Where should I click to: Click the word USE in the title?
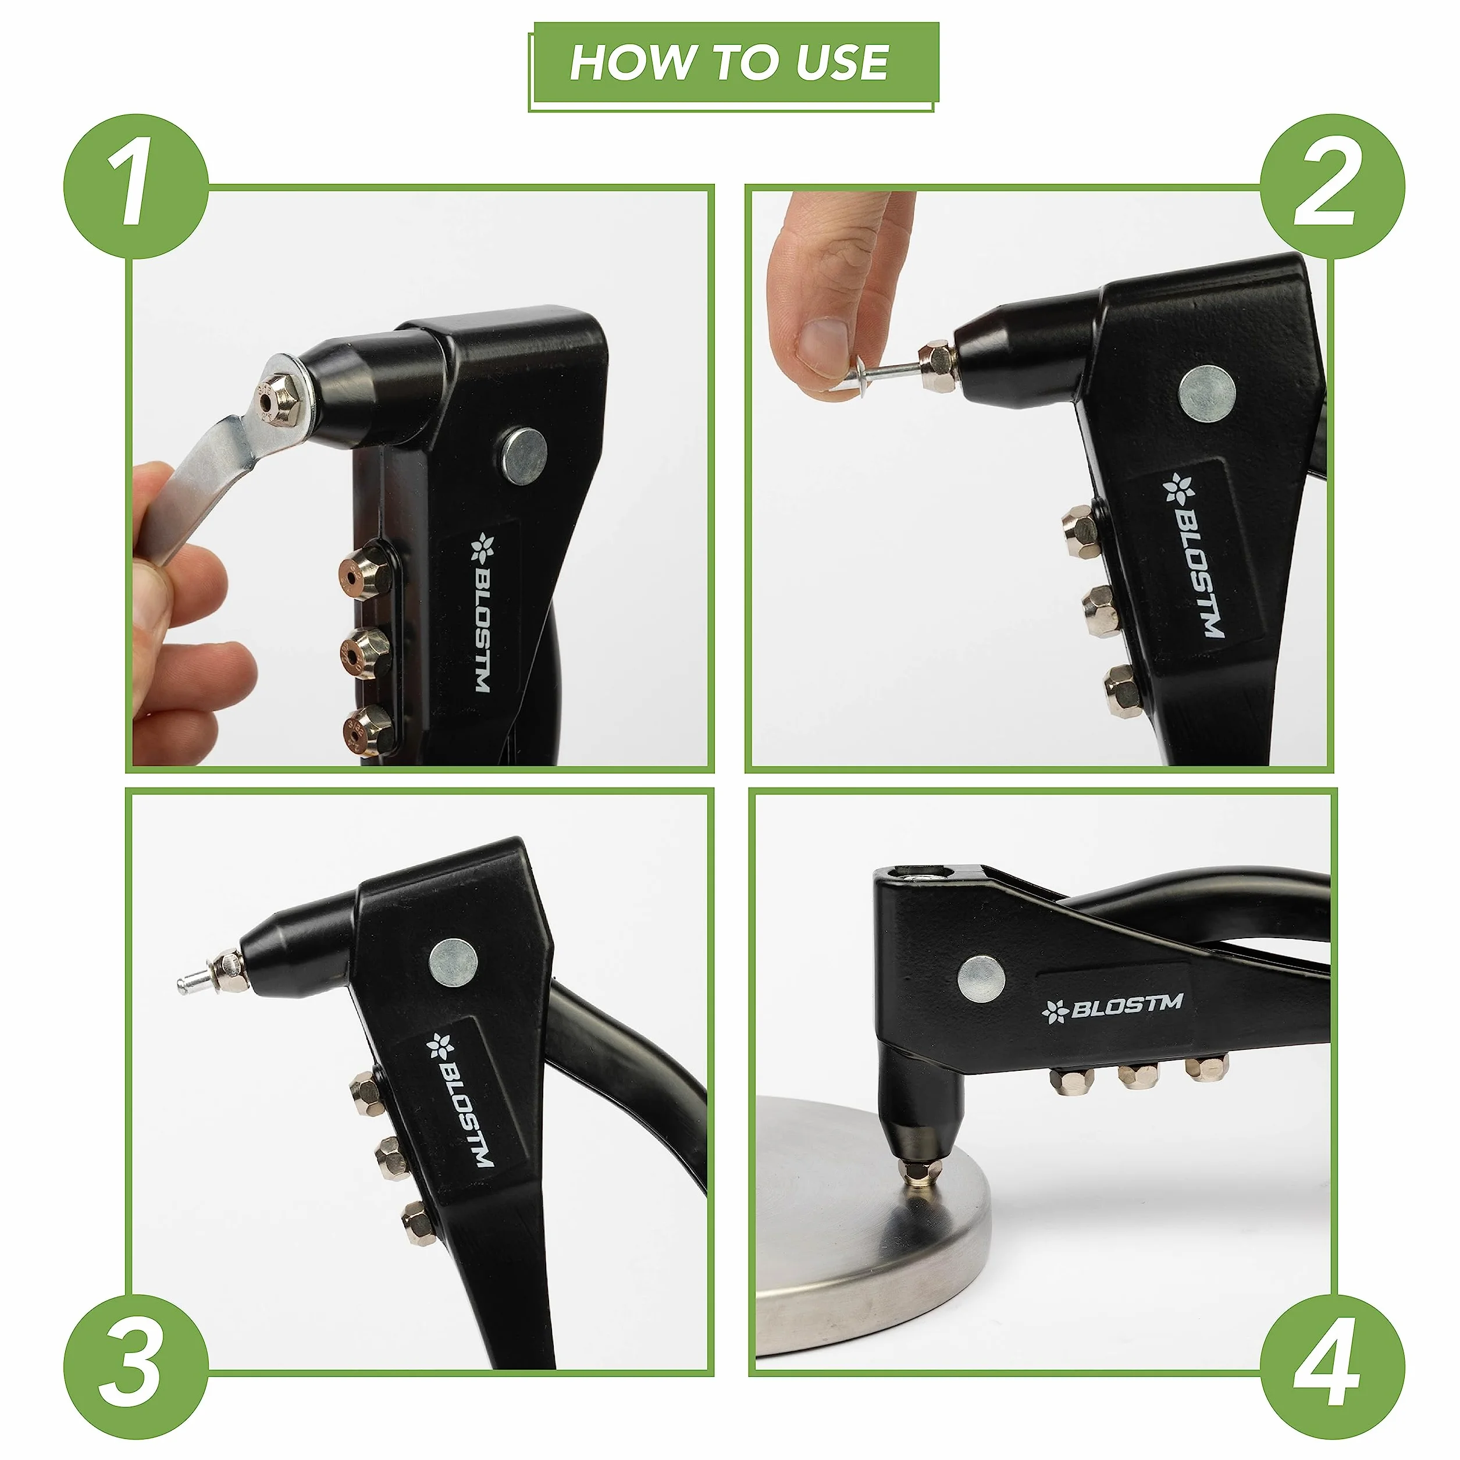(841, 62)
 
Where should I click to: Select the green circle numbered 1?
(136, 186)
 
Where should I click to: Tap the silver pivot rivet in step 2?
(1208, 394)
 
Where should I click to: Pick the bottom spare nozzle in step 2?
(1121, 690)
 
